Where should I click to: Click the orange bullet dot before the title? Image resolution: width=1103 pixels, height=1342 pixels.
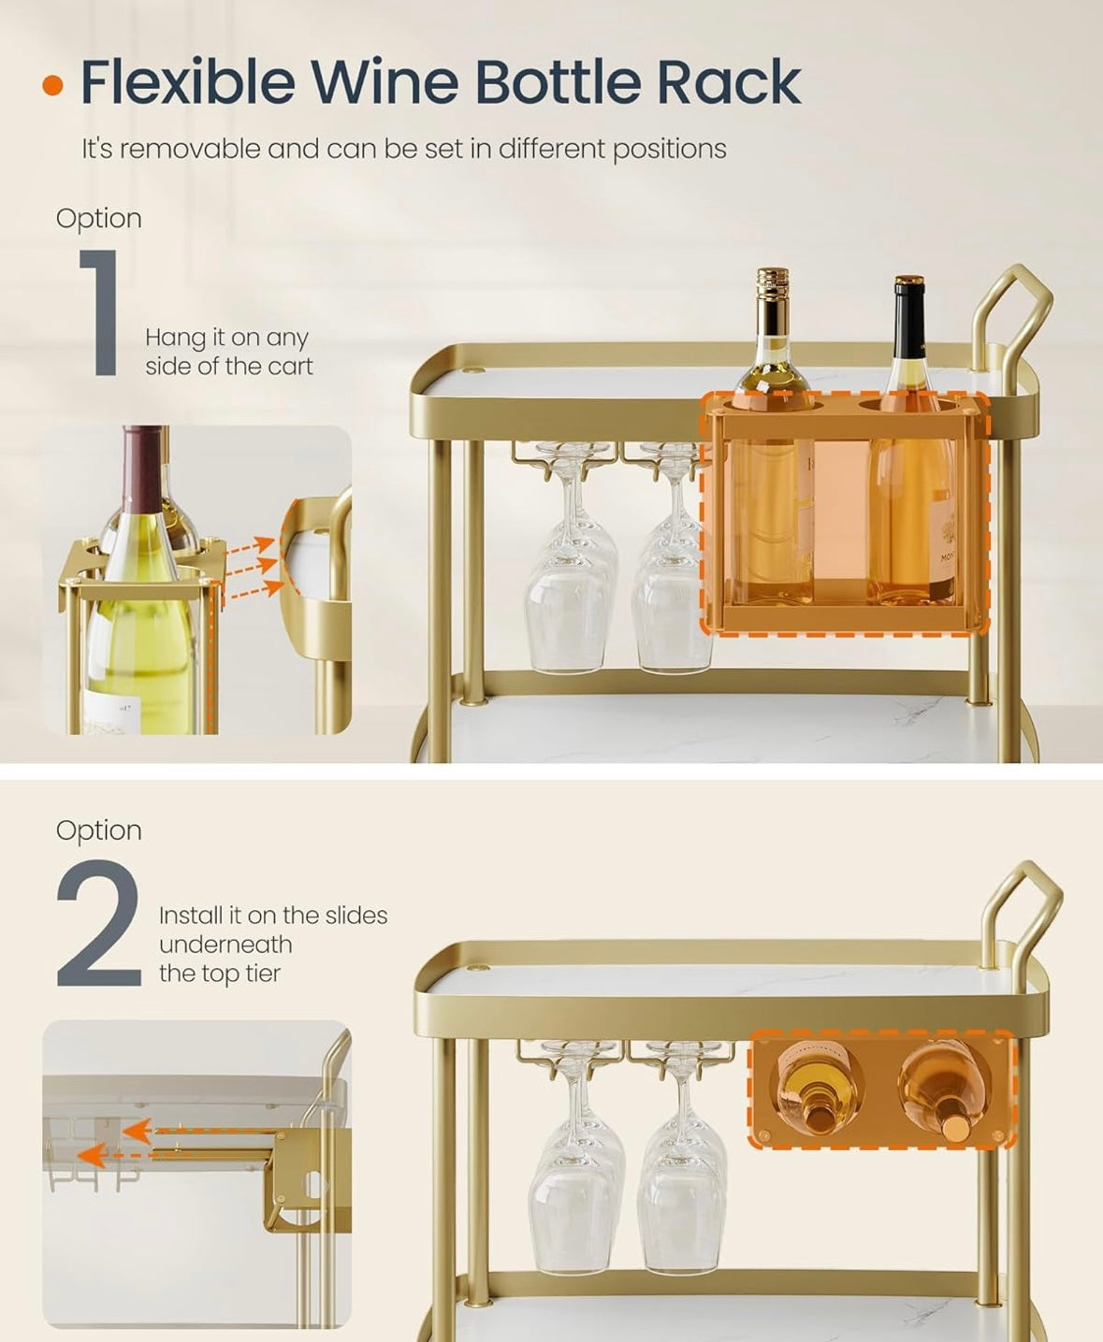tap(54, 86)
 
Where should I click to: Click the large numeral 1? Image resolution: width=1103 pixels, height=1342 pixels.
tap(100, 312)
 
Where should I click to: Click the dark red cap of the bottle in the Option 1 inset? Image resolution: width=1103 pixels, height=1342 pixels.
tap(143, 459)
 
